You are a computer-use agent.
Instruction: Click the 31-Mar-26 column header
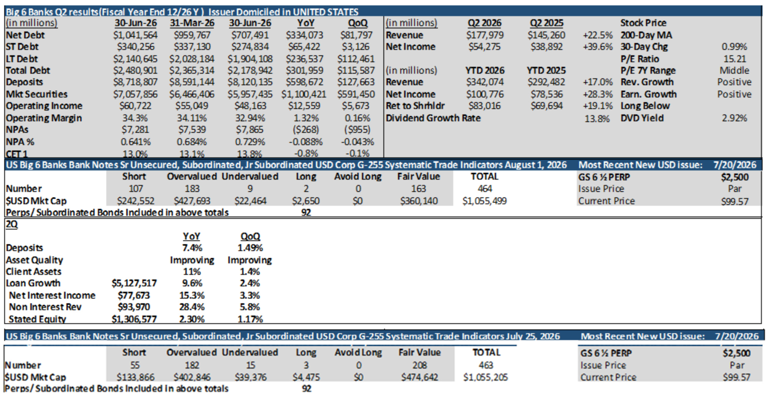click(x=192, y=23)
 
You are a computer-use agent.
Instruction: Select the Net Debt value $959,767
click(x=192, y=35)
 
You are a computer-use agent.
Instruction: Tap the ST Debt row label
click(x=22, y=47)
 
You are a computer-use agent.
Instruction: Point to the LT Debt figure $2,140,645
click(x=135, y=59)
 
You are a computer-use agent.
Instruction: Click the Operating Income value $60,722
click(x=135, y=106)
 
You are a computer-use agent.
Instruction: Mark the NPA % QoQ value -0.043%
click(x=357, y=142)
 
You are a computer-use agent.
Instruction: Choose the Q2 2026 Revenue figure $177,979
click(x=485, y=35)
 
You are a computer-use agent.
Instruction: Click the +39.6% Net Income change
click(x=598, y=47)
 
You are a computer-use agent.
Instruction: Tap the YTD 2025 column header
click(x=546, y=71)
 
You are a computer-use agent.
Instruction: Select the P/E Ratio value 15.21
click(x=735, y=59)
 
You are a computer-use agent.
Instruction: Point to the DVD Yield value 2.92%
click(x=735, y=118)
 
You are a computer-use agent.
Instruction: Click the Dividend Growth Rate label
click(x=433, y=118)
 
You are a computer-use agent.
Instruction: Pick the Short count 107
click(x=135, y=189)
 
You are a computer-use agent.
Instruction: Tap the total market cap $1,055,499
click(x=484, y=201)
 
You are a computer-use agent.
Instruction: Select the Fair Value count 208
click(x=419, y=365)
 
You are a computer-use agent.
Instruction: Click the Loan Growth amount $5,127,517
click(x=134, y=283)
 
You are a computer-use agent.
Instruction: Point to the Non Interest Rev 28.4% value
click(x=191, y=307)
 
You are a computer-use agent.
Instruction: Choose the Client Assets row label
click(x=33, y=272)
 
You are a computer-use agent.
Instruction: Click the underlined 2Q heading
click(x=12, y=224)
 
